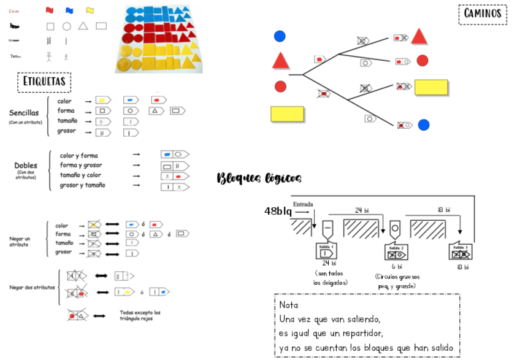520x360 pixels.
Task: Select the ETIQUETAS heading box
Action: [45, 82]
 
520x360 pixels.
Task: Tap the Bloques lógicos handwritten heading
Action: [259, 178]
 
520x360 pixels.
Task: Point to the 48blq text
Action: [278, 211]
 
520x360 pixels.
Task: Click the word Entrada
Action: [304, 204]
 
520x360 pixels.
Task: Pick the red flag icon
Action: [50, 10]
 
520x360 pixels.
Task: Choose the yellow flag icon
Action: [90, 10]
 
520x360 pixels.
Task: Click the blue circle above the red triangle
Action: [280, 36]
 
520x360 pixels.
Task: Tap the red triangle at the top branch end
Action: [419, 37]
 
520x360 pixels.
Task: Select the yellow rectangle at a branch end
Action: [430, 87]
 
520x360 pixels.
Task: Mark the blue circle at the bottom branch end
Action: [423, 125]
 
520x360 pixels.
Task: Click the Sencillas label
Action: [24, 113]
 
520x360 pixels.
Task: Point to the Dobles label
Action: [26, 166]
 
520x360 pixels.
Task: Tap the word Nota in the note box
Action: [288, 305]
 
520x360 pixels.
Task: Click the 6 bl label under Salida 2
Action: [397, 267]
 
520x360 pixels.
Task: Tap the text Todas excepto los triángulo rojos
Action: [140, 315]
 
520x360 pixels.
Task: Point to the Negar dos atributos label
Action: [32, 287]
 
